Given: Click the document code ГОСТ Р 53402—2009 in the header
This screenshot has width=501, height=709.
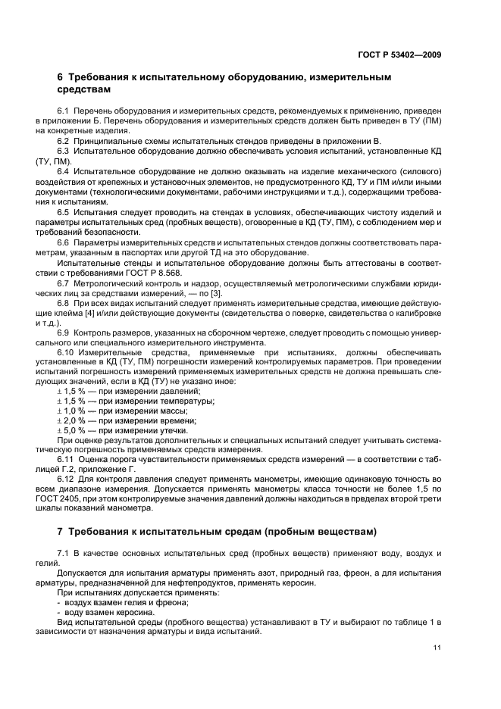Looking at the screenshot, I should point(399,55).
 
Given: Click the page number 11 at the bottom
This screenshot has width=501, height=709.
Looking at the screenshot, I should point(437,648).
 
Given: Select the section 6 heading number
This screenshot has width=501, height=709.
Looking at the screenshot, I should point(61,77).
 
